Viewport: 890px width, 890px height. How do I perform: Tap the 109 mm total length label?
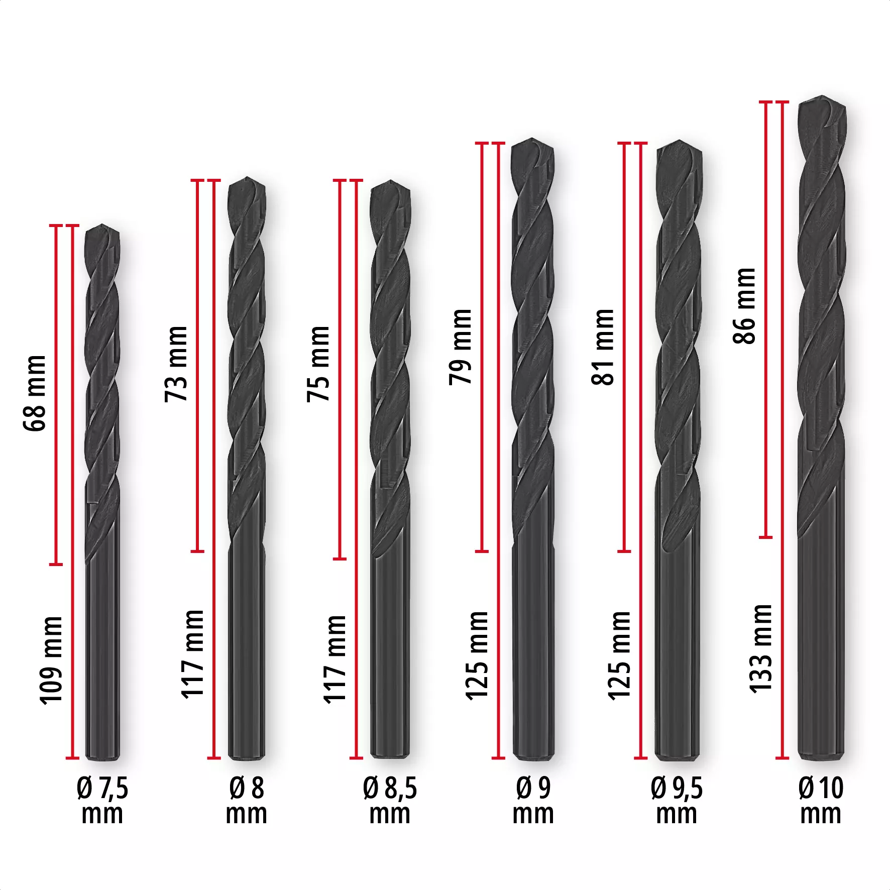click(52, 661)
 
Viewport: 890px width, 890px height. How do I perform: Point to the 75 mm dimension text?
click(319, 364)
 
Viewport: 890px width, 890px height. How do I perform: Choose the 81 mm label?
click(603, 347)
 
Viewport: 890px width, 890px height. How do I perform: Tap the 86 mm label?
click(745, 305)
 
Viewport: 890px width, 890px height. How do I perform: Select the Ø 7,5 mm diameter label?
click(102, 801)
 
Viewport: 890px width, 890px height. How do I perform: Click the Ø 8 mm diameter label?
click(246, 801)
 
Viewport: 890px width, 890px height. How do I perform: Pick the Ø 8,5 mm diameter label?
click(390, 801)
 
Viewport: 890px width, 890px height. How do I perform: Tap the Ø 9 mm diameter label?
click(533, 801)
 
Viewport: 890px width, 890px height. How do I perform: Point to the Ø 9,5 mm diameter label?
click(677, 801)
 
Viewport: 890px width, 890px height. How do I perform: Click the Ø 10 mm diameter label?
click(821, 801)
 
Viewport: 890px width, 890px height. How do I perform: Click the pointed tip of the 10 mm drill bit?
click(822, 97)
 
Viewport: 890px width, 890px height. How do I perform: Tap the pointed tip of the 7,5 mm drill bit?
click(102, 226)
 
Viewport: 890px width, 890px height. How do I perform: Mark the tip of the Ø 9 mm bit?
click(532, 139)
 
